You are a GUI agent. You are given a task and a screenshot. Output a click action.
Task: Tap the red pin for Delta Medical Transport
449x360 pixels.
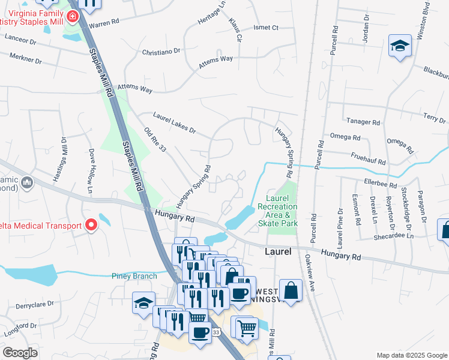point(91,226)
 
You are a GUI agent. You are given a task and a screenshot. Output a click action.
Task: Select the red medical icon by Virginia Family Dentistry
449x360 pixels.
point(73,16)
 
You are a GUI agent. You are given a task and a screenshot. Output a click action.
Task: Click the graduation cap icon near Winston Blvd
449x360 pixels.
point(399,46)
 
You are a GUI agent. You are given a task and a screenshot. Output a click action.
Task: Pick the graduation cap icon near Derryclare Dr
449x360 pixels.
point(143,303)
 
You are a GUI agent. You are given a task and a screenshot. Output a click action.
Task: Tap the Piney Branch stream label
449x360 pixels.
point(134,276)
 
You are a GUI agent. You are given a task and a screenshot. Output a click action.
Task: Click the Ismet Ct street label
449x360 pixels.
point(266,28)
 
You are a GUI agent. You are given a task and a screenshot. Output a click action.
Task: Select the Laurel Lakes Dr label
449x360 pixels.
point(174,122)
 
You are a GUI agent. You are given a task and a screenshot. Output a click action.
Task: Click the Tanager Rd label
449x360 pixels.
point(367,122)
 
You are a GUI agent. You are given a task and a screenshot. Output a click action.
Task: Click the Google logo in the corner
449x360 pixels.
point(20,353)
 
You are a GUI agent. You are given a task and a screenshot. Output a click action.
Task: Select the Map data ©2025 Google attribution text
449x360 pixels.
point(411,355)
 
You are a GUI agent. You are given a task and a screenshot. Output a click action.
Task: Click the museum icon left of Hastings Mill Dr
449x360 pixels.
point(26,182)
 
